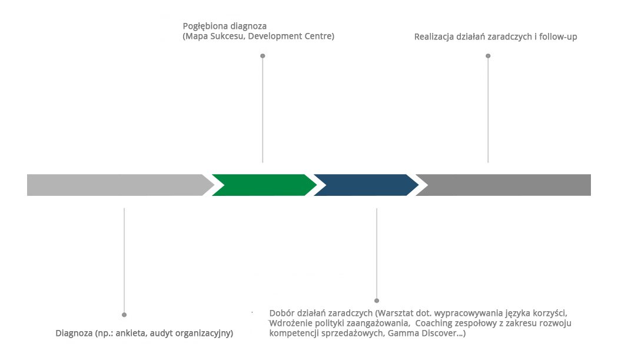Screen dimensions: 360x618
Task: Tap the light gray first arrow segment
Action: pyautogui.click(x=118, y=185)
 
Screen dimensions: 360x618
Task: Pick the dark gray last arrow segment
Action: pyautogui.click(x=506, y=185)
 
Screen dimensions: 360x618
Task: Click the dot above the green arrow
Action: pyautogui.click(x=263, y=56)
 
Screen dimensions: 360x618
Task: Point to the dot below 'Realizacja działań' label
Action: pyautogui.click(x=488, y=56)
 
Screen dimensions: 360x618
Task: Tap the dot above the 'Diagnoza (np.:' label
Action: pyautogui.click(x=124, y=315)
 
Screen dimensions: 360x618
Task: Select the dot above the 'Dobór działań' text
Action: pyautogui.click(x=377, y=301)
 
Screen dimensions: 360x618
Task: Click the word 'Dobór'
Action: pyautogui.click(x=282, y=313)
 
